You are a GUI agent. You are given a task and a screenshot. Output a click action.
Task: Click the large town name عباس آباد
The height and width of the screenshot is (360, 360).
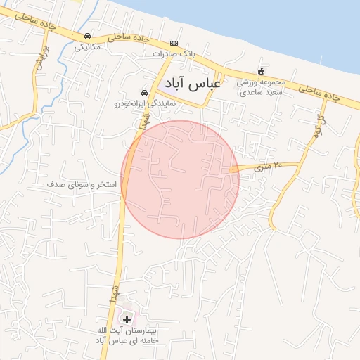[x=189, y=84]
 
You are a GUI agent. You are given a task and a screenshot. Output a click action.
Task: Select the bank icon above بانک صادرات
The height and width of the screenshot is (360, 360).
[x=174, y=43]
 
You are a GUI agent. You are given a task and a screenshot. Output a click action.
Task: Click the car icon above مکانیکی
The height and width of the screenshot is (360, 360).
[x=86, y=37]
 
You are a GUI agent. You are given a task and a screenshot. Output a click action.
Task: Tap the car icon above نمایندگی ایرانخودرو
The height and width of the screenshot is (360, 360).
[x=144, y=93]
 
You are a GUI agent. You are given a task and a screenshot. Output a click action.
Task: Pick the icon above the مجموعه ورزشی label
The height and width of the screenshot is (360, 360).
[x=262, y=71]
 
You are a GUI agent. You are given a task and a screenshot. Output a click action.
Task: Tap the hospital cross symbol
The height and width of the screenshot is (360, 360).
[x=127, y=319]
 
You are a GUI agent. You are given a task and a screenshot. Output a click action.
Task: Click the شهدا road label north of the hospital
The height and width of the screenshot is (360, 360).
[x=112, y=290]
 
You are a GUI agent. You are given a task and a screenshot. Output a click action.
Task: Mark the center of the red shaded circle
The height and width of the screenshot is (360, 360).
[x=180, y=179]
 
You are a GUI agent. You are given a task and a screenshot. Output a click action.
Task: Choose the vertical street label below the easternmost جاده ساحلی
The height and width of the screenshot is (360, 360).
[x=321, y=124]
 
